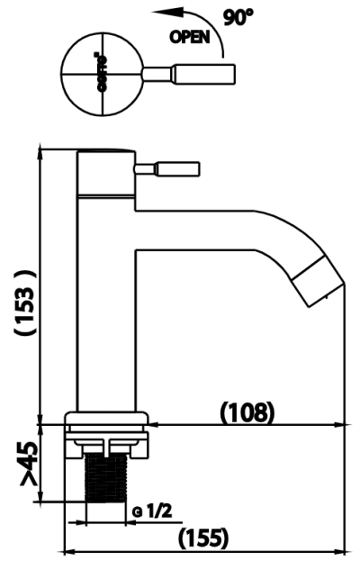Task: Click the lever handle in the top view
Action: click(202, 71)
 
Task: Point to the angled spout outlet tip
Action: click(319, 282)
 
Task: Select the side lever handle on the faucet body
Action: click(171, 167)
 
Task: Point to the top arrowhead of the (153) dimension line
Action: click(41, 149)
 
